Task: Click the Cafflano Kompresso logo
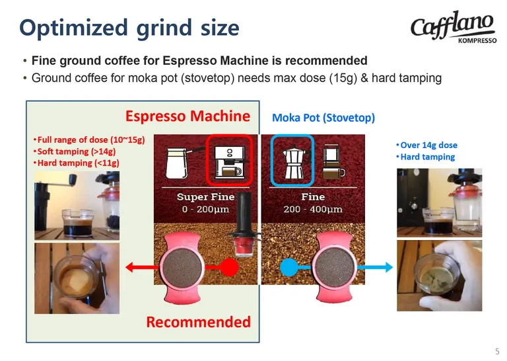(454, 27)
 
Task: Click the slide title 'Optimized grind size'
(129, 28)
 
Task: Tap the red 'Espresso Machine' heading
(188, 116)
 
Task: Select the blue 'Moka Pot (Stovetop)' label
(323, 118)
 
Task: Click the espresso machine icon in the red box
(229, 161)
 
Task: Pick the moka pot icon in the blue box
(293, 161)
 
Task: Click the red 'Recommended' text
(199, 322)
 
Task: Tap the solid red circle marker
(229, 267)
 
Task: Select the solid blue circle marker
(289, 267)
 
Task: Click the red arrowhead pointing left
(129, 267)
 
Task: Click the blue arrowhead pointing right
(389, 267)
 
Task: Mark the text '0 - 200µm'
(205, 209)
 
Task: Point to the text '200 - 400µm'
(313, 209)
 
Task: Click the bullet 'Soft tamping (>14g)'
(75, 151)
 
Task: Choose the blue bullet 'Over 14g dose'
(427, 145)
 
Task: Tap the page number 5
(497, 351)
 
